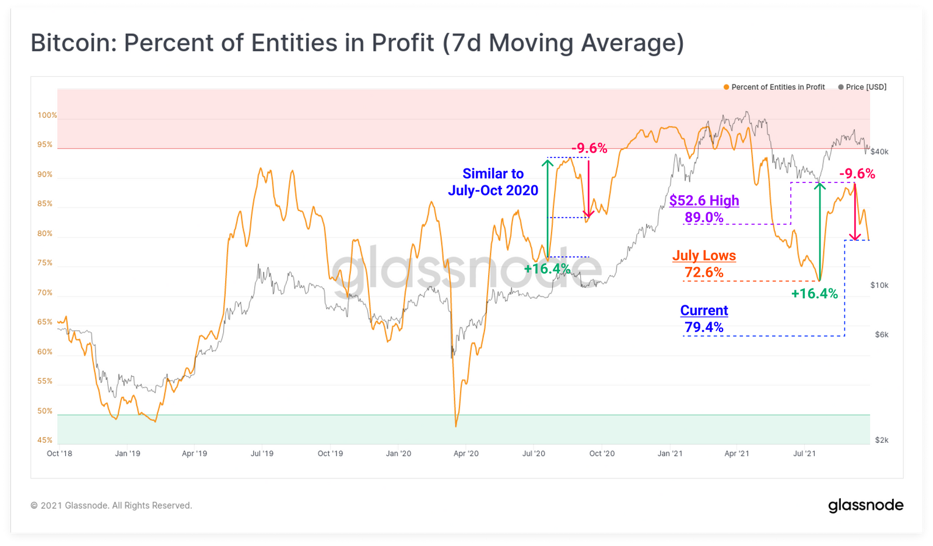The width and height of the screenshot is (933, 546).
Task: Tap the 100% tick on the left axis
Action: click(47, 115)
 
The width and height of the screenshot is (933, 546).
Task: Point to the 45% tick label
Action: click(45, 440)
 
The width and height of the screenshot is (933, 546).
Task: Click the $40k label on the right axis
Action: click(879, 152)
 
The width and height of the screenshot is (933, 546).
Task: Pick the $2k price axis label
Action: click(882, 440)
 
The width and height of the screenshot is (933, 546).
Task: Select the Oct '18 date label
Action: click(59, 453)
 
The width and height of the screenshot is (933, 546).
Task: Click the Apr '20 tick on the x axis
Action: click(466, 453)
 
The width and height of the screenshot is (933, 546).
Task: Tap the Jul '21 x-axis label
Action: click(804, 453)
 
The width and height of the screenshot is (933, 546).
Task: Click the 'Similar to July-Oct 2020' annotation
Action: click(493, 182)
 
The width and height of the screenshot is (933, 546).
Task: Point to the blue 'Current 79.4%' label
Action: click(704, 319)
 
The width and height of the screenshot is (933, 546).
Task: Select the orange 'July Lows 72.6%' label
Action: click(704, 264)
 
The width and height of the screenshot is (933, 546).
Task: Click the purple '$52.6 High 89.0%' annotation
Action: click(704, 209)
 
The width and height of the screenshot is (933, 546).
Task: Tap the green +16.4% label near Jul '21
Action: click(814, 294)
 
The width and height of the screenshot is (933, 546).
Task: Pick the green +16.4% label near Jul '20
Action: click(547, 269)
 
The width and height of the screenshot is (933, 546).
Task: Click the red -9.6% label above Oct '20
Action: click(589, 149)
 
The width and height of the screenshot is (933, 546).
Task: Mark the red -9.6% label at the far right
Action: click(857, 174)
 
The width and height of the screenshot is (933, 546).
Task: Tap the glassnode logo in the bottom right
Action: click(865, 505)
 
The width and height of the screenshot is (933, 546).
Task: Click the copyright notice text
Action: click(111, 505)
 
